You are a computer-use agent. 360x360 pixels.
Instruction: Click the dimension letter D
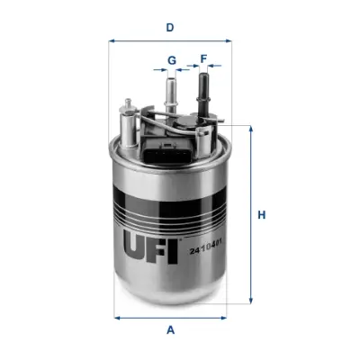tap(169, 28)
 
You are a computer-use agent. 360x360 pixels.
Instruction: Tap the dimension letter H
tap(262, 215)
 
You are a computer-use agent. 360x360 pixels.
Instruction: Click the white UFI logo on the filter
tap(146, 240)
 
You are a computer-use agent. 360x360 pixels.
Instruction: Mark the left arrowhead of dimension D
tap(111, 40)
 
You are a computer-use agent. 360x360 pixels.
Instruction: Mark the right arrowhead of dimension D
tap(229, 40)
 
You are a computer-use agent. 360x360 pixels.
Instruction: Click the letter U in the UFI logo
tap(131, 240)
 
